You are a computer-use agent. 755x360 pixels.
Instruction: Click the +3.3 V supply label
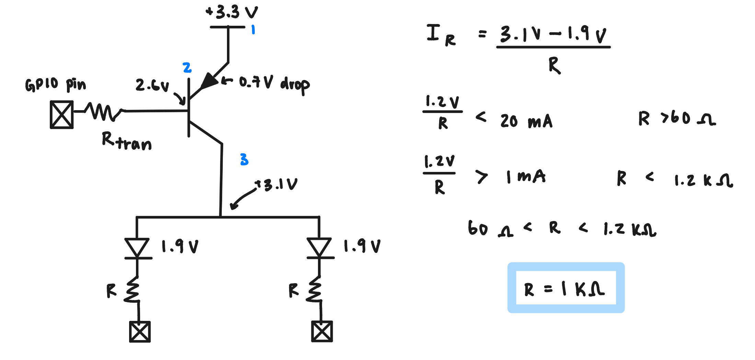coord(232,12)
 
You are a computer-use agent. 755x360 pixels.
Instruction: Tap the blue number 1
coord(253,30)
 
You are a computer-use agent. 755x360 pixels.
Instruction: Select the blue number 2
coord(187,68)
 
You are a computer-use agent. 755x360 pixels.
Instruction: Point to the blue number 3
coord(244,160)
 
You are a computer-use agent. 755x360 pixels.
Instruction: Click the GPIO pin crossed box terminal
coord(62,115)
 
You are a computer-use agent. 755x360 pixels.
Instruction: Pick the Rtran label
coord(127,141)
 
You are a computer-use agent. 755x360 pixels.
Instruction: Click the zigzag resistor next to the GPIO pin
coord(103,112)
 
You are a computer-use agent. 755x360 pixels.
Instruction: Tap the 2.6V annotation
coord(152,85)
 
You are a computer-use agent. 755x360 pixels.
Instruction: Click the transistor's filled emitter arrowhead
coord(209,81)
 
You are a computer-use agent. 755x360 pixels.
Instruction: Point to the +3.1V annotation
coord(276,185)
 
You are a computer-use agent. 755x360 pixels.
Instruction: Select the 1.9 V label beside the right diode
coord(362,246)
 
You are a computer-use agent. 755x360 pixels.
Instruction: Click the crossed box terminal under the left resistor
coord(140,332)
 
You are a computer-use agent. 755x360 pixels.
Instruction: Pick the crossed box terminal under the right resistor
coord(322,332)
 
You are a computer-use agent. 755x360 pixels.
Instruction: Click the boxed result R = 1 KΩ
coord(566,288)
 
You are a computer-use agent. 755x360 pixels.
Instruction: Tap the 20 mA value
coord(526,121)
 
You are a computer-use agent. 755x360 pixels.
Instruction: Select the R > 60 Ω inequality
coord(677,118)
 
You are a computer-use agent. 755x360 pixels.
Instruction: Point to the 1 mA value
coord(526,177)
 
